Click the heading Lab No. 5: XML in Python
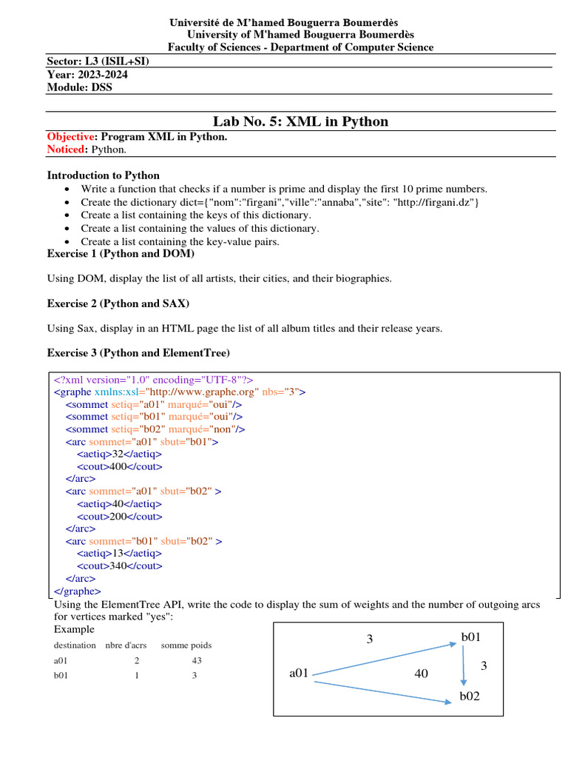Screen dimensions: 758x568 [300, 121]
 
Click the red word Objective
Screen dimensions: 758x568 [71, 137]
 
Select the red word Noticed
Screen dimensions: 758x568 [67, 149]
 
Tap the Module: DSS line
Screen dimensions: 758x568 [80, 87]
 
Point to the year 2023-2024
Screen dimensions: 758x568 [101, 74]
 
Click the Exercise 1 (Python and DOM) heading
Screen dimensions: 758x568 [121, 253]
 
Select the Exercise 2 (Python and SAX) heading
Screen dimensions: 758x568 [118, 303]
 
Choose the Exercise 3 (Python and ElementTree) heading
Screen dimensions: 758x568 [138, 352]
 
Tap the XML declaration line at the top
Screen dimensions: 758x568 [154, 379]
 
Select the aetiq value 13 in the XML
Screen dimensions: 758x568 [117, 553]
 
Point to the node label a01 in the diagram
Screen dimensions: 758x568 [299, 673]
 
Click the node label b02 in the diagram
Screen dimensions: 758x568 [470, 697]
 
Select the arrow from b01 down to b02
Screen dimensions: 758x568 [464, 668]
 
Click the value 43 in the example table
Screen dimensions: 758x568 [196, 660]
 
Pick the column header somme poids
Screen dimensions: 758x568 [186, 645]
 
